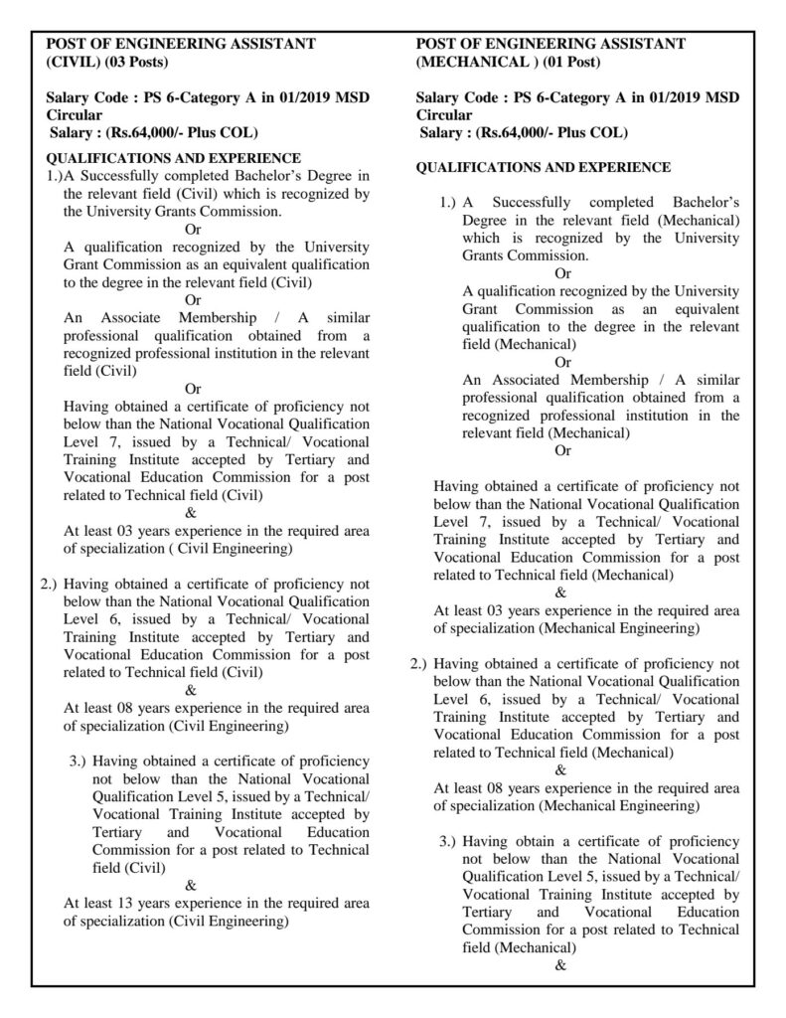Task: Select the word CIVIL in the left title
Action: point(73,62)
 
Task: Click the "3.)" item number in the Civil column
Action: point(79,762)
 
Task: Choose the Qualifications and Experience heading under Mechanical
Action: point(543,167)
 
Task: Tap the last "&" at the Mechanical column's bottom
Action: point(561,964)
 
